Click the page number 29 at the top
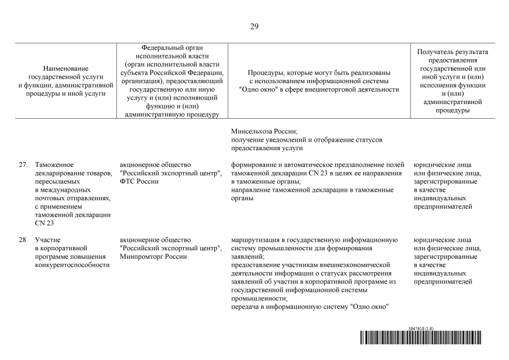click(254, 26)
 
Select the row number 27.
click(23, 165)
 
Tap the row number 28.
click(23, 240)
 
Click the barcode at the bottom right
click(425, 337)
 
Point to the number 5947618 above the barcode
click(417, 328)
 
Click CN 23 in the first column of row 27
click(43, 223)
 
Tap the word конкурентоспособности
click(72, 265)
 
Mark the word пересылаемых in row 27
click(57, 182)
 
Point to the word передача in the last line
click(246, 307)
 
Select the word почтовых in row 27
click(49, 199)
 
